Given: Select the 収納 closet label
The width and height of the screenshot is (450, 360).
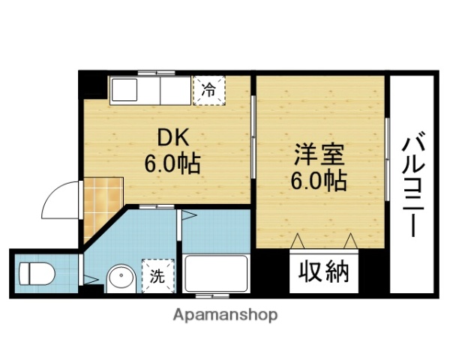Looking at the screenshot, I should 325,271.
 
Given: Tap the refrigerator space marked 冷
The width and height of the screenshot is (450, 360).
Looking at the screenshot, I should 208,91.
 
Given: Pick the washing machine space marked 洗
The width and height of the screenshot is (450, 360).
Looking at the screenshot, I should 157,275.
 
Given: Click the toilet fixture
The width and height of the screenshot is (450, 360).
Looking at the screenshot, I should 36,271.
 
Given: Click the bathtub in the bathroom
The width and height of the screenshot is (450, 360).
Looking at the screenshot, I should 216,274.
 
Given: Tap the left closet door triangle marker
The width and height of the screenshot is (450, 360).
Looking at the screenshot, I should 298,241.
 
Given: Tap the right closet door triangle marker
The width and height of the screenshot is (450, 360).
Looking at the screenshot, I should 349,241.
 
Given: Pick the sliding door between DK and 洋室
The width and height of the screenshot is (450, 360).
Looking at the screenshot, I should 253,142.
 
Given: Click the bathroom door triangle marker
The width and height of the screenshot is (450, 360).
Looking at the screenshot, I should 187,217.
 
